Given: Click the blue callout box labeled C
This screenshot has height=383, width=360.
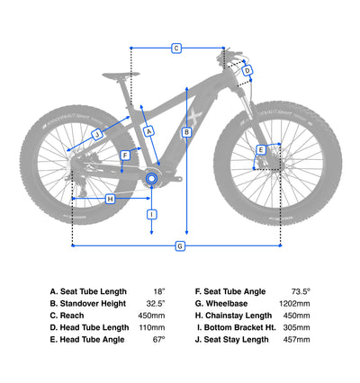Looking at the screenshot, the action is pyautogui.click(x=176, y=48).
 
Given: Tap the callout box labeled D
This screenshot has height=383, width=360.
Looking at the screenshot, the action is pyautogui.click(x=247, y=71).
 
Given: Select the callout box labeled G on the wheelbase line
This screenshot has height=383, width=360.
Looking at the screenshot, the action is pyautogui.click(x=180, y=246).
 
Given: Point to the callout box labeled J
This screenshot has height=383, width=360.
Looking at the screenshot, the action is pyautogui.click(x=97, y=135).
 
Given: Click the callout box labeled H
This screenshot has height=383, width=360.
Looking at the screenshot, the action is pyautogui.click(x=111, y=199).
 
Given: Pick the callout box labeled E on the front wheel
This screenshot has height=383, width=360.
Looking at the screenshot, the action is pyautogui.click(x=261, y=150).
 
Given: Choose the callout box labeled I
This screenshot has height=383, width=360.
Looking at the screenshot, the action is pyautogui.click(x=152, y=215).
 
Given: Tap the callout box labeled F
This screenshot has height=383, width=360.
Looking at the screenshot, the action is pyautogui.click(x=125, y=156).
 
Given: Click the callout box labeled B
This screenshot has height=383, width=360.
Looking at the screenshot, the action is pyautogui.click(x=186, y=132).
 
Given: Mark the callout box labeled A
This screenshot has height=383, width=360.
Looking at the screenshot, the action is pyautogui.click(x=149, y=131).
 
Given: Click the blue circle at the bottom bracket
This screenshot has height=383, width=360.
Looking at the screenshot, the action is pyautogui.click(x=151, y=179).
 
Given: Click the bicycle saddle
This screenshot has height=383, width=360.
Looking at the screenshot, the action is pyautogui.click(x=121, y=75).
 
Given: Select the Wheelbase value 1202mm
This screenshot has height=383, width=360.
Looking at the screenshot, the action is pyautogui.click(x=294, y=304).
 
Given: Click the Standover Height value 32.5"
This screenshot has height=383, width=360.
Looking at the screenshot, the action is pyautogui.click(x=156, y=304).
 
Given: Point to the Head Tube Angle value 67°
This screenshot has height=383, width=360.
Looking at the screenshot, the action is pyautogui.click(x=159, y=340).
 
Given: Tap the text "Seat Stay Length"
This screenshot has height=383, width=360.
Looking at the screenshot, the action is pyautogui.click(x=236, y=340).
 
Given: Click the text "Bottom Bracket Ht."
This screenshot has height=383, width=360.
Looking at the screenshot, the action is pyautogui.click(x=239, y=327).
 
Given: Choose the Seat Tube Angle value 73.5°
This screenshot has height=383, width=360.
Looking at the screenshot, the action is pyautogui.click(x=301, y=291).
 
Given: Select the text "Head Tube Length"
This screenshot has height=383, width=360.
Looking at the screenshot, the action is pyautogui.click(x=94, y=327).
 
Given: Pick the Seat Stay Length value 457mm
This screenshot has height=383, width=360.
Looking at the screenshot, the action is pyautogui.click(x=296, y=340).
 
